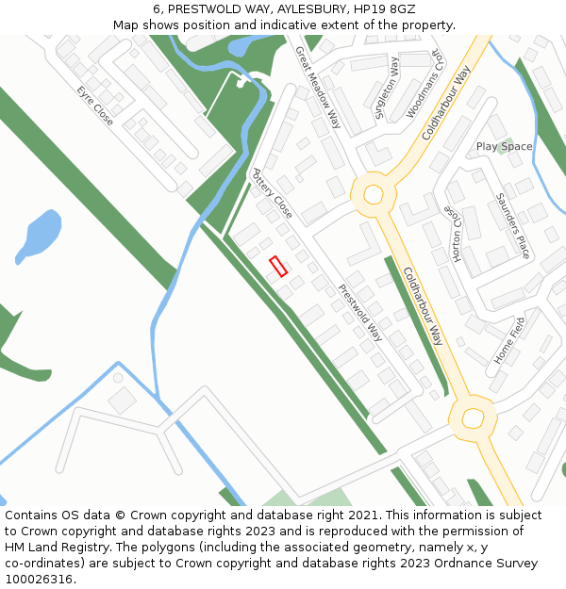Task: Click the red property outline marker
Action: tap(278, 267)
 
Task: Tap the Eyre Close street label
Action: tap(95, 105)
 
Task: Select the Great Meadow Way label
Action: tap(318, 88)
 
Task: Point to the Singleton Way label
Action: tap(387, 87)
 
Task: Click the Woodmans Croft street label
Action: tap(424, 83)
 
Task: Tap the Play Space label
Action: tap(504, 147)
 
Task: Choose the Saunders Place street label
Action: tap(512, 226)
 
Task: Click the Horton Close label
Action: tap(457, 235)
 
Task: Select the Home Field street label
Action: tap(509, 340)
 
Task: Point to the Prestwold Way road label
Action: tap(360, 312)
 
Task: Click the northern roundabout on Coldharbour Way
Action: tap(374, 195)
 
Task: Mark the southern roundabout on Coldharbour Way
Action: tap(472, 417)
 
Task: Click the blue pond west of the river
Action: tap(38, 237)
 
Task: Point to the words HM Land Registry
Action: tap(53, 548)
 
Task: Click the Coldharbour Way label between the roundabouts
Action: tap(424, 305)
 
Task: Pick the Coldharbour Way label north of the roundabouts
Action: tap(446, 103)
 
